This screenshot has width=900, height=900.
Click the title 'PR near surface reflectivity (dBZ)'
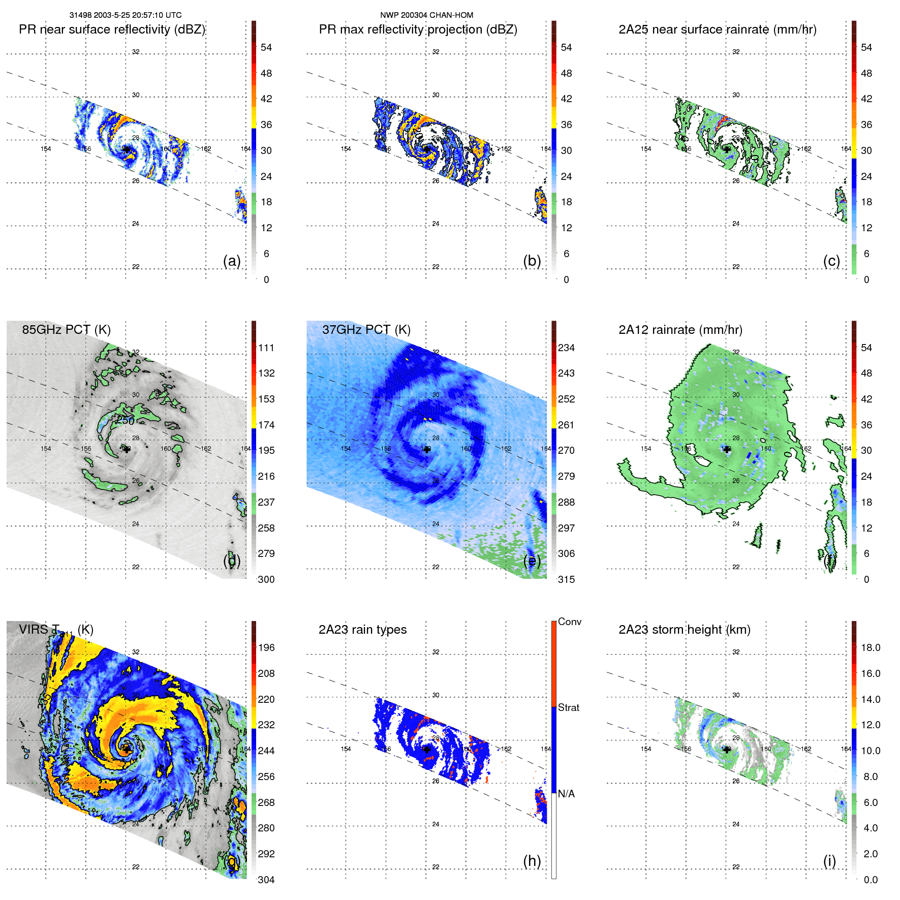[112, 29]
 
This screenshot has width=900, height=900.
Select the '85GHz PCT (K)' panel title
[66, 329]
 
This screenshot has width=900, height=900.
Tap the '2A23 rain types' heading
[362, 630]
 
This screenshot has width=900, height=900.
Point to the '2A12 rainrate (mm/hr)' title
[680, 329]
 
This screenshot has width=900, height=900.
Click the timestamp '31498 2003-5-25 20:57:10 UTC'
[126, 15]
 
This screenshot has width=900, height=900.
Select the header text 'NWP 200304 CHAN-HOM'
[426, 15]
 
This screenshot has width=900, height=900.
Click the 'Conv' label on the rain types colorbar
[569, 622]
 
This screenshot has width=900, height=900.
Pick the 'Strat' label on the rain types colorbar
[568, 707]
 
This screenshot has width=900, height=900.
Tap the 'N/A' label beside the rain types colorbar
[566, 794]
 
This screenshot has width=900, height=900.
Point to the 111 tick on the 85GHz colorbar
[266, 348]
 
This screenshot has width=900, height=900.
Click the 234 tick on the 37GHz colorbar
[566, 348]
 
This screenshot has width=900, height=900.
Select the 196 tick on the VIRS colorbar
[266, 647]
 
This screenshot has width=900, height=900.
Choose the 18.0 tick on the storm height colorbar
[870, 647]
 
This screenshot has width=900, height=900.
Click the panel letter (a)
[232, 261]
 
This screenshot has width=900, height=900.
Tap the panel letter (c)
[831, 261]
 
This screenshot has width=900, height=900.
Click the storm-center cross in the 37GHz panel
[427, 449]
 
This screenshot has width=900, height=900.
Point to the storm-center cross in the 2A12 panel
[727, 449]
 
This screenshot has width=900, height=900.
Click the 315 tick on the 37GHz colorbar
[566, 579]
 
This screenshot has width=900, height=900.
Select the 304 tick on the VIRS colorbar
[266, 880]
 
